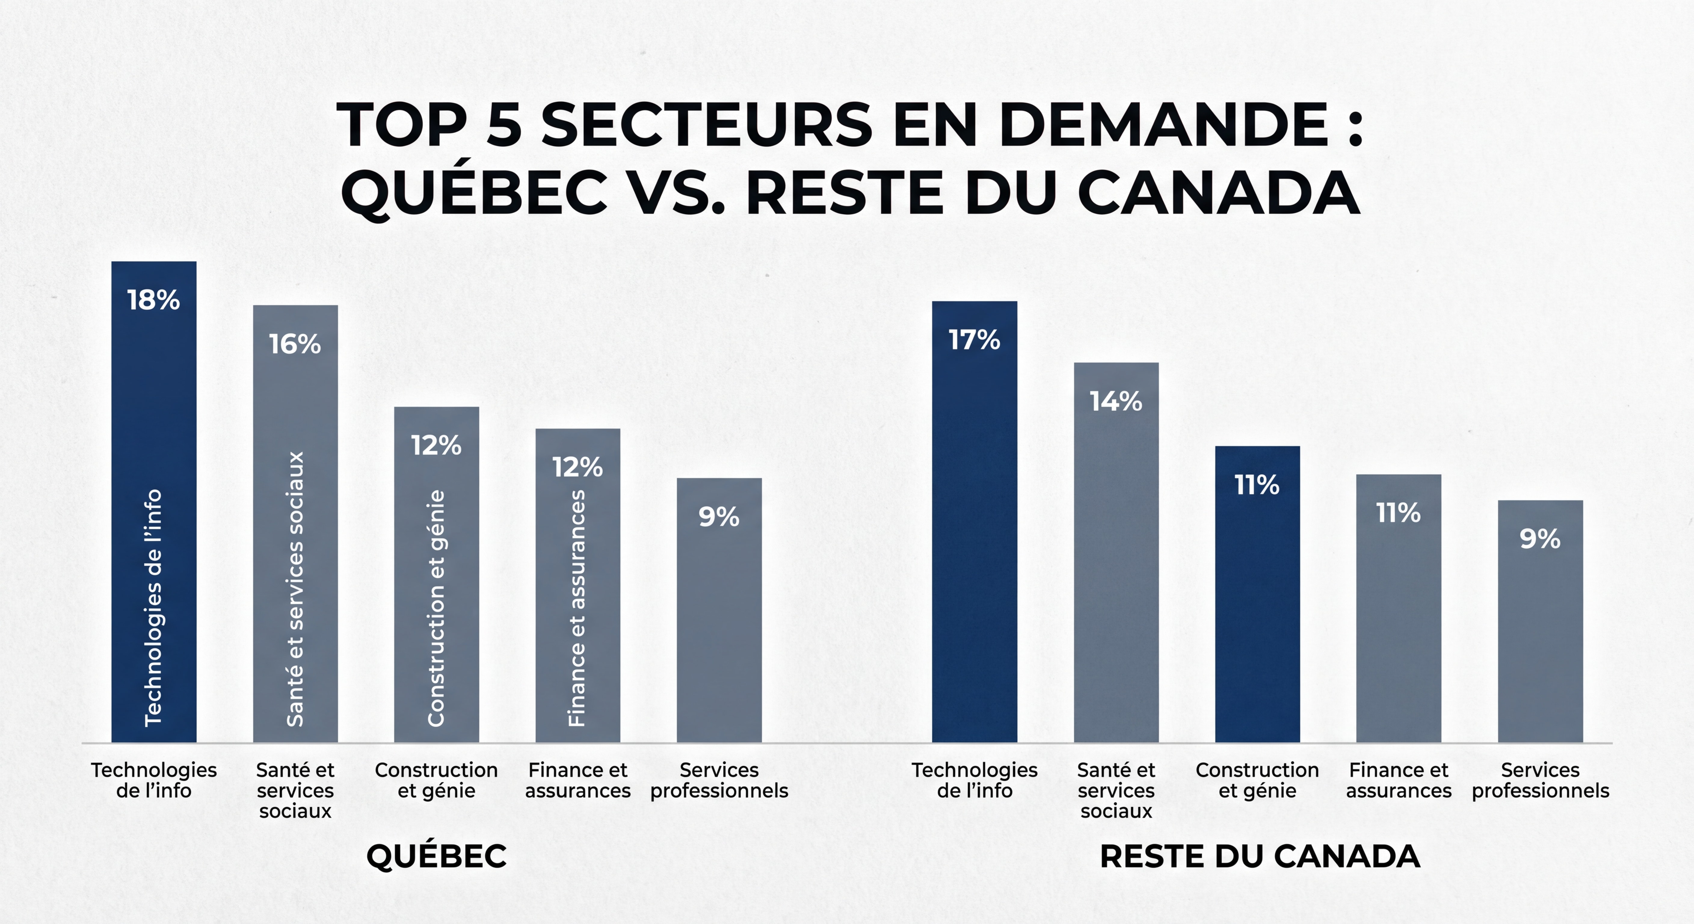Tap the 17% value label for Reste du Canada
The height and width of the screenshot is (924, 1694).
click(x=974, y=340)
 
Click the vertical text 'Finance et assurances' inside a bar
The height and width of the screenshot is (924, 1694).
click(x=577, y=608)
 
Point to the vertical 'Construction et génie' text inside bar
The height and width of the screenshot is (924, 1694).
click(x=436, y=608)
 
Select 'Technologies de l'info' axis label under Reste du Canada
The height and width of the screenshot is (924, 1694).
click(x=974, y=780)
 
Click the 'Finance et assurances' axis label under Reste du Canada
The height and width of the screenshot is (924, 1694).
click(x=1398, y=780)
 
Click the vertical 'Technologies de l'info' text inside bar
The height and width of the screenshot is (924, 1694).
click(x=153, y=608)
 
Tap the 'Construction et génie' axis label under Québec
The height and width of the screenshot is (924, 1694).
click(x=436, y=780)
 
